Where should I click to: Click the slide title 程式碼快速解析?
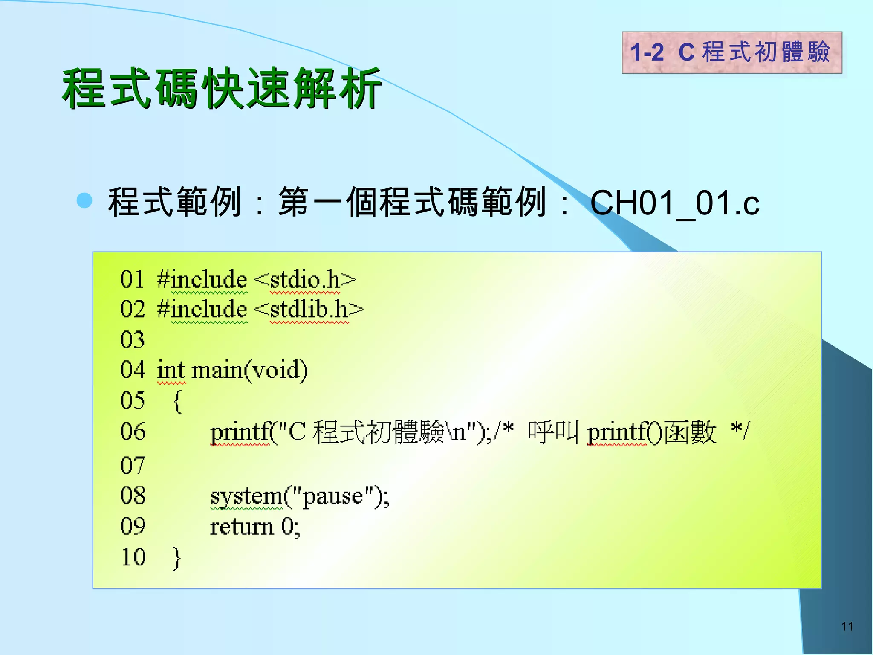click(222, 89)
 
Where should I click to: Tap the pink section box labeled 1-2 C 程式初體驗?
click(731, 52)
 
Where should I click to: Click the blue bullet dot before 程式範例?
click(84, 200)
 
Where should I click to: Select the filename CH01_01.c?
click(674, 203)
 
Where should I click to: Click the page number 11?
click(847, 626)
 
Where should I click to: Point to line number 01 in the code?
click(132, 280)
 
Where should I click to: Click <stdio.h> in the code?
click(305, 280)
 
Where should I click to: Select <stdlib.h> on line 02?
click(309, 310)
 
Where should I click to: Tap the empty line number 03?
click(132, 340)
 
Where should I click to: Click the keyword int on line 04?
click(171, 370)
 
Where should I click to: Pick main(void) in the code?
click(250, 370)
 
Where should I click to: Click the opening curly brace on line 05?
click(178, 401)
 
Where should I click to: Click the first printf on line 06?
click(241, 432)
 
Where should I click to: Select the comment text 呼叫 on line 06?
click(553, 432)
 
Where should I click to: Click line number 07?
click(132, 465)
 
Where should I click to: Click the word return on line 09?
click(242, 527)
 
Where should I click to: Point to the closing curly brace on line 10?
click(177, 558)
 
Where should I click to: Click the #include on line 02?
click(202, 310)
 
